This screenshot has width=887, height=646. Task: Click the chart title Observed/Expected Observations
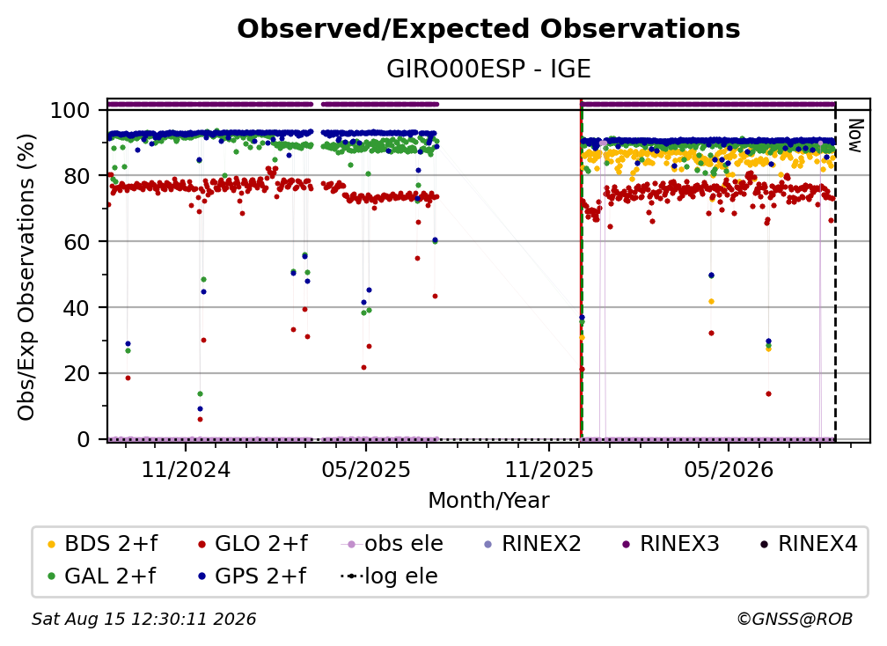click(x=488, y=29)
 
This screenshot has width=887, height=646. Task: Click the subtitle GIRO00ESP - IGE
click(x=488, y=69)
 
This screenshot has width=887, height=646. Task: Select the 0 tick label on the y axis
click(x=84, y=439)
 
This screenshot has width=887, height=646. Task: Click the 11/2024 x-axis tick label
click(x=187, y=469)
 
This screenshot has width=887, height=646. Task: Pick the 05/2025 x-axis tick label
click(x=366, y=469)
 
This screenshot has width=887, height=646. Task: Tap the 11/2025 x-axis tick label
click(x=549, y=469)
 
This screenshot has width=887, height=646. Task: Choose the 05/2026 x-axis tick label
click(x=729, y=469)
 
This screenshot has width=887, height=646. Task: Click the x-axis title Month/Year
click(x=488, y=500)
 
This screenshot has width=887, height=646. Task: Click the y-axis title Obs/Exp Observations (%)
click(x=26, y=276)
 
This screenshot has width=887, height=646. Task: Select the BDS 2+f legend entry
click(x=102, y=544)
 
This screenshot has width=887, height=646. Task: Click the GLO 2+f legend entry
click(x=253, y=544)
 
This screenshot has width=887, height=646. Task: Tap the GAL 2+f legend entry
click(x=102, y=576)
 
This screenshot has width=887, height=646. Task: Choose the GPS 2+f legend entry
click(x=253, y=576)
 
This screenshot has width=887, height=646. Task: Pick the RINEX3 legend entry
click(x=671, y=544)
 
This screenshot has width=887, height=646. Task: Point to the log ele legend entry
click(x=389, y=576)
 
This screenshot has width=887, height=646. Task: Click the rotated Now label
click(x=854, y=136)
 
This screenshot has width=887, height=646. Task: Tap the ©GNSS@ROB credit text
click(x=795, y=619)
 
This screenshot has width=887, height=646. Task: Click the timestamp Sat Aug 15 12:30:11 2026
click(x=143, y=619)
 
